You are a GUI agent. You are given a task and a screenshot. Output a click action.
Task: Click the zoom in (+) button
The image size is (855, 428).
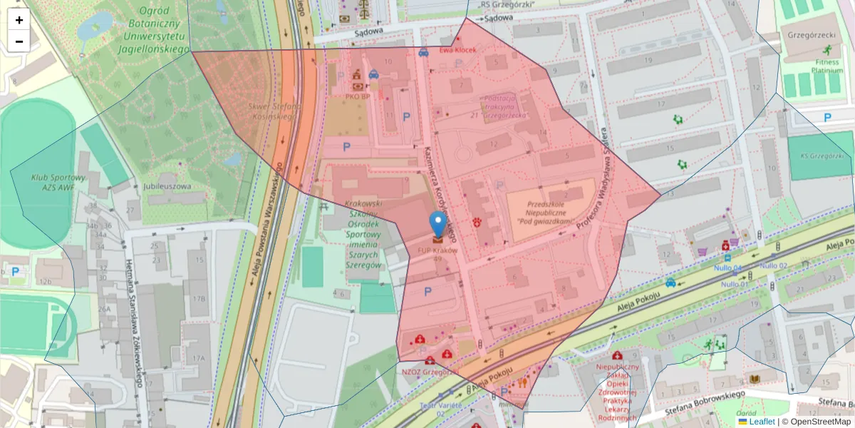(x=19, y=20)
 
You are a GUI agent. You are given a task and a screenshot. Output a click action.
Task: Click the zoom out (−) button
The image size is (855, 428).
(x=19, y=41)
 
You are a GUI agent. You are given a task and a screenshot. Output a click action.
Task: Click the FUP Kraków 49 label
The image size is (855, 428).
(x=437, y=255)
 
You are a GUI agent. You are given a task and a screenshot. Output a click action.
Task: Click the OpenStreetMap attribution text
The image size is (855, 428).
(x=816, y=422)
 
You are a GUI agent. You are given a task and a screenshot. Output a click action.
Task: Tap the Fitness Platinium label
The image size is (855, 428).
(x=826, y=66)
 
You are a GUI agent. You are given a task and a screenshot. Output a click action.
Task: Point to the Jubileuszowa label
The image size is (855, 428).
(x=168, y=187)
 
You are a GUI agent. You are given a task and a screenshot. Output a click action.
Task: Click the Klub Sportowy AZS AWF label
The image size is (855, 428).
(x=58, y=182)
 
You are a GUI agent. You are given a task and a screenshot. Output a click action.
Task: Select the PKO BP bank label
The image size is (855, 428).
(x=357, y=96)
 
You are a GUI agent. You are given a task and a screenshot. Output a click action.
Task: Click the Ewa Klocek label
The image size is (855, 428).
(x=457, y=51)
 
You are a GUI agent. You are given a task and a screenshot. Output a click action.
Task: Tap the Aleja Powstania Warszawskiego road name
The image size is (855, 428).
(x=267, y=221)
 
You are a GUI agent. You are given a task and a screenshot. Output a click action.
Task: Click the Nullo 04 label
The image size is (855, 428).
(x=727, y=268)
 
